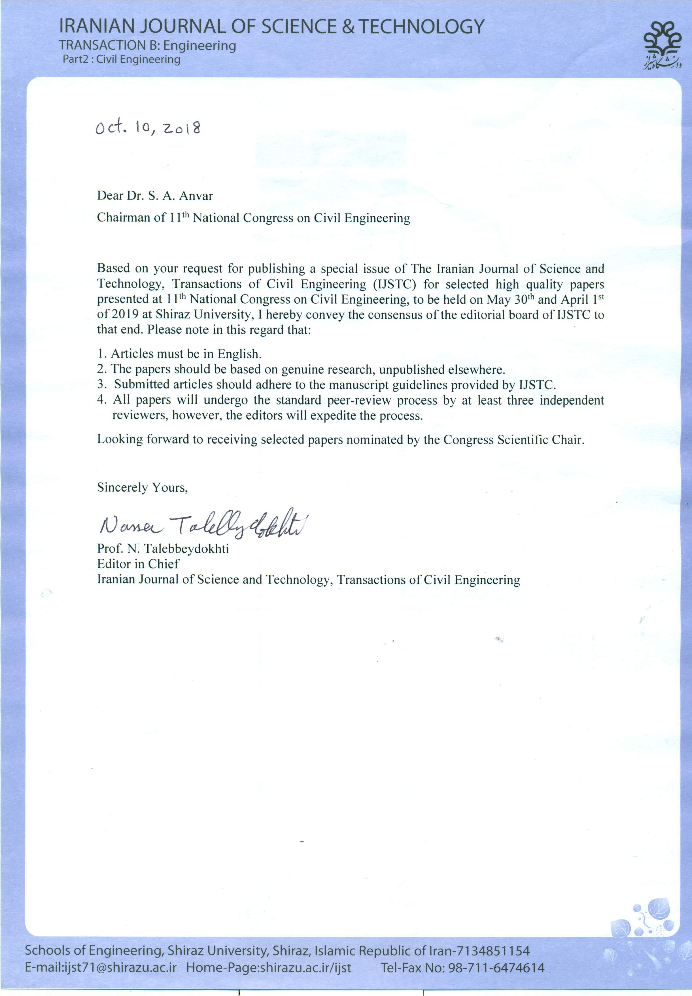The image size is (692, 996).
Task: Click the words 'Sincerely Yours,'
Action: [x=142, y=488]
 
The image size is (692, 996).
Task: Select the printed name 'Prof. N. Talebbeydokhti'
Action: [x=163, y=549]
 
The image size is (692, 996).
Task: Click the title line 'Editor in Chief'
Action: [x=138, y=564]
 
